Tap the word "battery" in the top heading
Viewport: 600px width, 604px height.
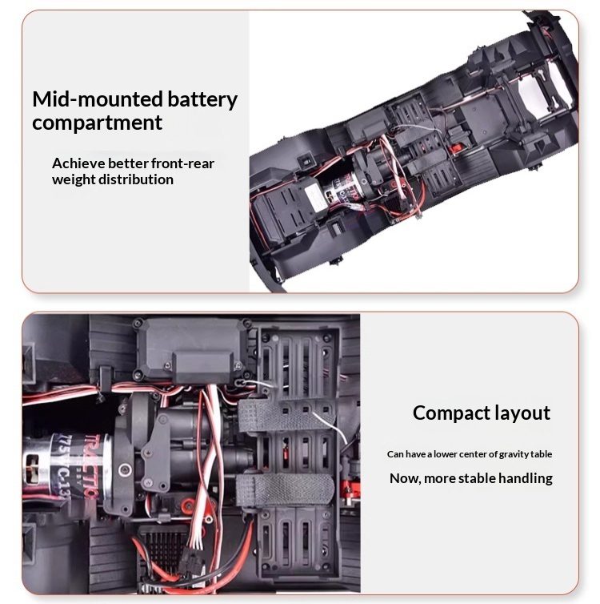[202, 100]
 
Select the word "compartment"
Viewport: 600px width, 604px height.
[98, 123]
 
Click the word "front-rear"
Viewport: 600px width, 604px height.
[182, 163]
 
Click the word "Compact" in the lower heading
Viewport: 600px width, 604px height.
[450, 413]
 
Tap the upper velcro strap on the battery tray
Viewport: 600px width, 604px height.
[286, 416]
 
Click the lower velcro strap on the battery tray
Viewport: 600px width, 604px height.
[286, 489]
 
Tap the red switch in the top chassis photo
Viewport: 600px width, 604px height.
[456, 148]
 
